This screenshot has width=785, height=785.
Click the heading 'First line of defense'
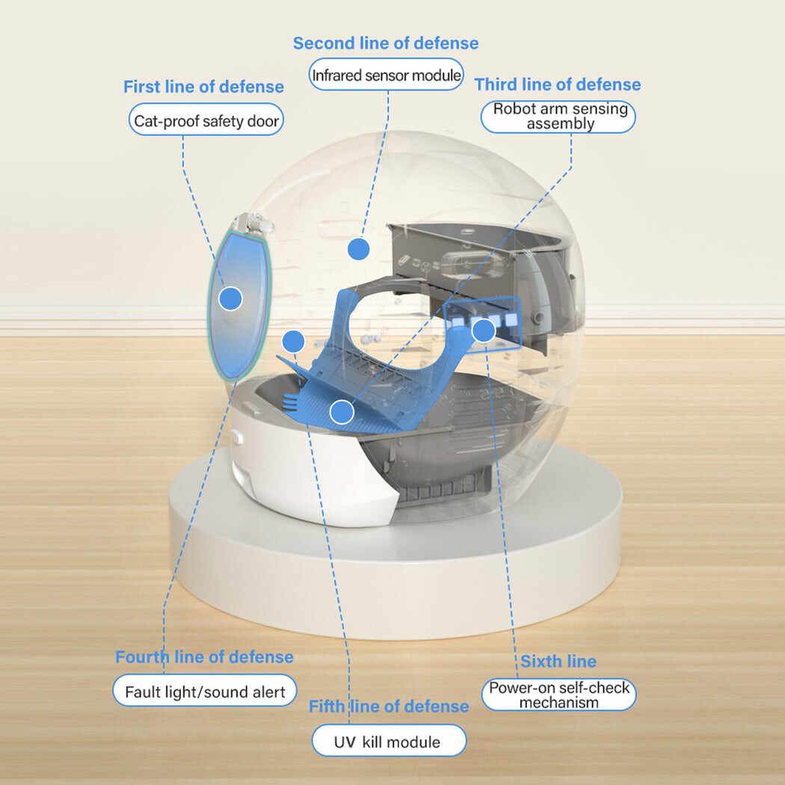click(203, 87)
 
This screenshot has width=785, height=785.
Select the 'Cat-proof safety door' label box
click(206, 120)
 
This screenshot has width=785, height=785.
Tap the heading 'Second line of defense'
click(385, 43)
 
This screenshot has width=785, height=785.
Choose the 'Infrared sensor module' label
click(386, 76)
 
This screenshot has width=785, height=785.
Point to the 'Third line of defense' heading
click(558, 84)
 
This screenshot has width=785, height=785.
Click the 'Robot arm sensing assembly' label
click(560, 117)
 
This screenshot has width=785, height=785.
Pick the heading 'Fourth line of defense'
click(204, 657)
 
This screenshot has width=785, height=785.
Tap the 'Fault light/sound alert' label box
click(205, 692)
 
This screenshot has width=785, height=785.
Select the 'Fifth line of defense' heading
click(389, 706)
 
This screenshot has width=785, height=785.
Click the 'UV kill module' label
click(389, 742)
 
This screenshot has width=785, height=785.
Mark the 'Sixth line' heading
click(558, 662)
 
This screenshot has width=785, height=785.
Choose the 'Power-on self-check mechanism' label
click(559, 695)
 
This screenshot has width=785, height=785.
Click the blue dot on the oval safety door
click(230, 299)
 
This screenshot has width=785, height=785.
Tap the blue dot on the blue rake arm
click(342, 411)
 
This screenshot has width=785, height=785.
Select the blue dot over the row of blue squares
click(484, 330)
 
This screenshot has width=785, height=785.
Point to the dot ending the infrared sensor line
click(359, 249)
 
